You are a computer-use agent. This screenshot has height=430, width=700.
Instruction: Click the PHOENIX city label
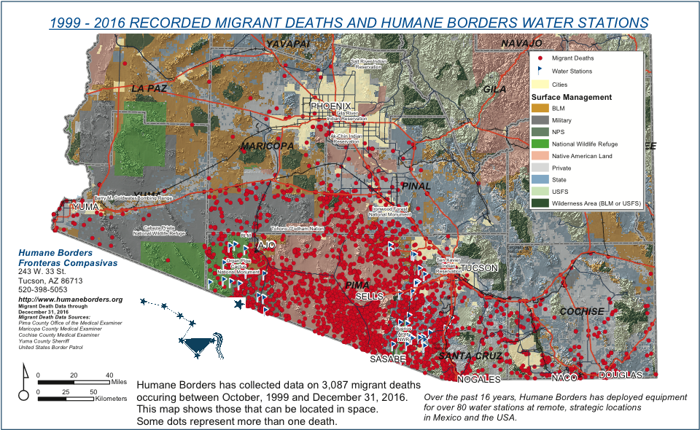point(335,106)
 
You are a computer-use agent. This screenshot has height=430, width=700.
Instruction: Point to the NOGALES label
point(478,379)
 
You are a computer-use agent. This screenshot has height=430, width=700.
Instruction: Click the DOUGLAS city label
point(621,375)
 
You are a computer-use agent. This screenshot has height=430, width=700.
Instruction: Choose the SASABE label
point(388,360)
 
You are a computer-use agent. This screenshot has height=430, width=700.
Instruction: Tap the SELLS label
point(369,297)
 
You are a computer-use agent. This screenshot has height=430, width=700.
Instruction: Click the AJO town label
point(265,245)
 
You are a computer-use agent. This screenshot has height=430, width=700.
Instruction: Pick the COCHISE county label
point(581,311)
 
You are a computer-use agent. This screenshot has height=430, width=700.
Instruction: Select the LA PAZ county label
point(149,88)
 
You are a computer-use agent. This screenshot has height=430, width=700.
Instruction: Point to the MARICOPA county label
point(268,146)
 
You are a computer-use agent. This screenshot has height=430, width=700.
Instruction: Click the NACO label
point(564,378)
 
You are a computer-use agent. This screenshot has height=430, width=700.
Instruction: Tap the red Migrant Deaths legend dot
point(540,58)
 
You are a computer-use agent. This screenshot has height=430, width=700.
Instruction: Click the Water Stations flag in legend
point(540,71)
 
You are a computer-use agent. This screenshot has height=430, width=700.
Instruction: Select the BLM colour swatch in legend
point(540,109)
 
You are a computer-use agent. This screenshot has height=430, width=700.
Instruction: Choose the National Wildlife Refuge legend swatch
point(540,144)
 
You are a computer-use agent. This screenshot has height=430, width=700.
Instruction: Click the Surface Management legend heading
point(571,97)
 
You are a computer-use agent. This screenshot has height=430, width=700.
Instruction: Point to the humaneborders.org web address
point(70,300)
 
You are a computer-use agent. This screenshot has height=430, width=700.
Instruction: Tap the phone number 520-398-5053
point(43,289)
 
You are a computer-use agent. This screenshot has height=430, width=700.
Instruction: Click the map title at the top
point(349,23)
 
